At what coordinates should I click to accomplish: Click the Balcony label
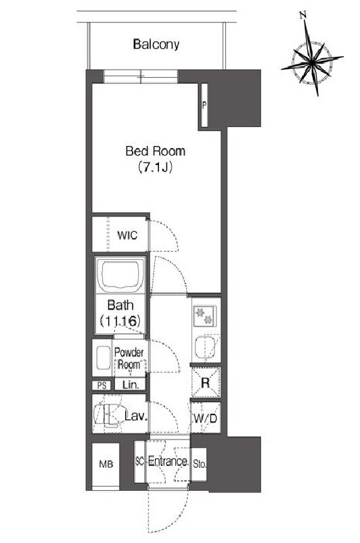(156, 45)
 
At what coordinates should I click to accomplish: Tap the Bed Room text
(155, 151)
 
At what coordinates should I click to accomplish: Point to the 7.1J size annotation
(155, 167)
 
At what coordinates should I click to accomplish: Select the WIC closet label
(127, 235)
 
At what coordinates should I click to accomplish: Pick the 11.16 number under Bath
(120, 321)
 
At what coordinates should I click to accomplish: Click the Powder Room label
(129, 358)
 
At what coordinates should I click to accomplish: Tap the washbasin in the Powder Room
(103, 358)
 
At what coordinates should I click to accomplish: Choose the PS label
(102, 385)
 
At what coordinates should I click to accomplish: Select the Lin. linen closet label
(131, 384)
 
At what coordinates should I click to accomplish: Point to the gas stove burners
(204, 316)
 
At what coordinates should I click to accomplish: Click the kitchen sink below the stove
(204, 347)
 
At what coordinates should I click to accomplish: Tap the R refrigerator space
(206, 382)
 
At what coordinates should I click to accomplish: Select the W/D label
(205, 419)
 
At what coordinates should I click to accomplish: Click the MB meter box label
(106, 464)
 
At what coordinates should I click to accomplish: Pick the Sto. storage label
(199, 464)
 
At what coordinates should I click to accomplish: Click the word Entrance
(168, 461)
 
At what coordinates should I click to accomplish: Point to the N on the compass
(303, 15)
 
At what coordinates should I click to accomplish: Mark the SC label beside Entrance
(139, 461)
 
